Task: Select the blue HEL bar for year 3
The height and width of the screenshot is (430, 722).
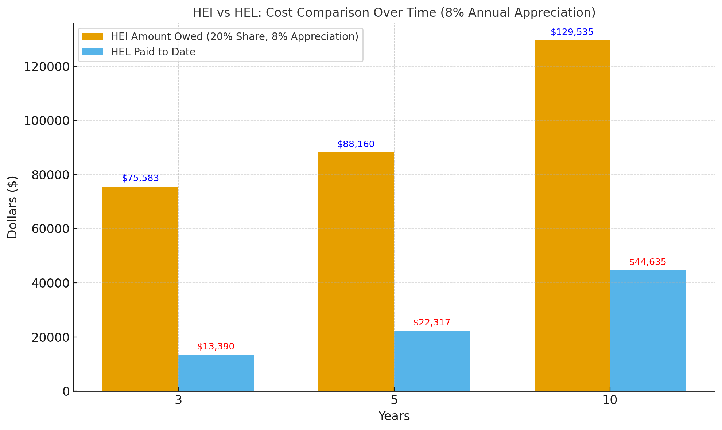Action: coord(216,373)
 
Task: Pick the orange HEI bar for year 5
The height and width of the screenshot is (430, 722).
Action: coord(356,271)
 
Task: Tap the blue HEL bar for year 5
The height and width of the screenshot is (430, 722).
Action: coord(432,361)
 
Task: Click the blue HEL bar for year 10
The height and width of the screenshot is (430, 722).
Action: coord(648,331)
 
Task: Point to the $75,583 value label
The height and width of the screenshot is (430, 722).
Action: coord(140,178)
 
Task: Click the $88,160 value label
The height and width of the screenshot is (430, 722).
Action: coord(356,144)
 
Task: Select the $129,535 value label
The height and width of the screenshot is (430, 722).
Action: coord(572,32)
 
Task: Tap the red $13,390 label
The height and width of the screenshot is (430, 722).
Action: coord(216,347)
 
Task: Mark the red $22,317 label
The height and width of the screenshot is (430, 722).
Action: coord(432,322)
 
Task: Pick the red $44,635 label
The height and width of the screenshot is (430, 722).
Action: coord(648,262)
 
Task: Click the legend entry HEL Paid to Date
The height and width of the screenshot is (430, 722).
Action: coord(153,52)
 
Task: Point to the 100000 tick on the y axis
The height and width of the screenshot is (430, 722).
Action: coord(47,121)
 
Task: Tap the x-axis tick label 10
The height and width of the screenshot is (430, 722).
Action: coord(610,400)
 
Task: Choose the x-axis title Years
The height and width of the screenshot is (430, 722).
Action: coord(394,416)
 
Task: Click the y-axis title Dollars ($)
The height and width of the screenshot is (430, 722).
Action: coord(13,207)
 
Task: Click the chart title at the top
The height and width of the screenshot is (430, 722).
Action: coord(394,13)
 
